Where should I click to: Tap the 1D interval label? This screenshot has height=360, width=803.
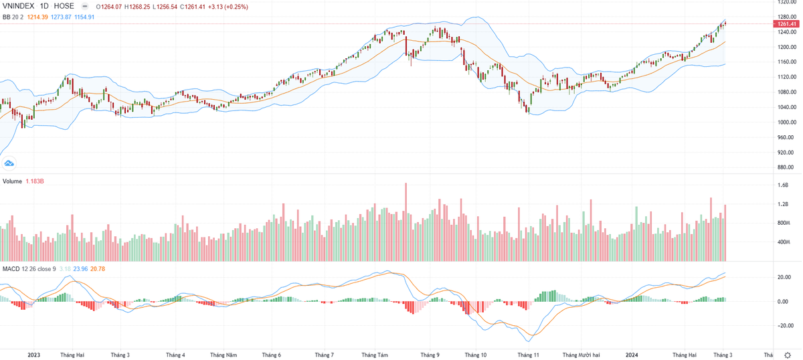(x=48, y=7)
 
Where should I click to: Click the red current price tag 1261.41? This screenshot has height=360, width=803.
(x=787, y=24)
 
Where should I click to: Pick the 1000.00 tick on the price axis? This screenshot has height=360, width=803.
(x=784, y=122)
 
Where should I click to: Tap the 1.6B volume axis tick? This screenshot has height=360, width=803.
(x=782, y=185)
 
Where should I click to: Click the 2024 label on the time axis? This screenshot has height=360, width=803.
(x=632, y=355)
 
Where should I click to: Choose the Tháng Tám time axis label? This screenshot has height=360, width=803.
(x=375, y=355)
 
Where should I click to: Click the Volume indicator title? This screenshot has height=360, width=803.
(x=13, y=181)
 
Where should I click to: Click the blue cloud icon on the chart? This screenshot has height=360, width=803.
(x=9, y=163)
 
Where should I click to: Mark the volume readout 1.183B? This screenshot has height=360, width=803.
(x=35, y=181)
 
